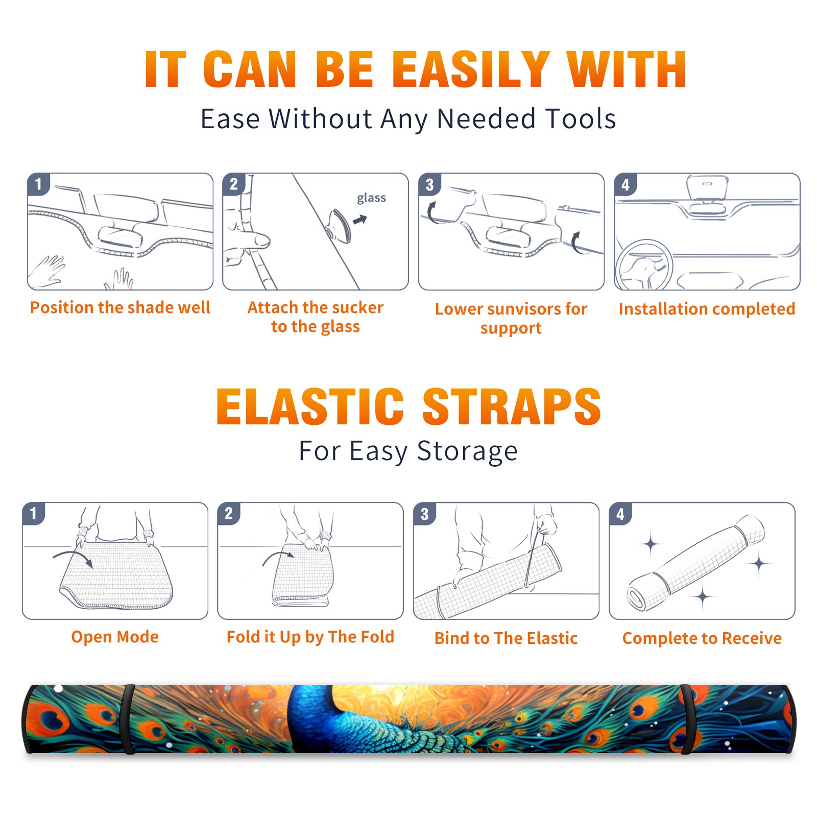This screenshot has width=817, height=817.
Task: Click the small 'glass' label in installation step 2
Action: (371, 198)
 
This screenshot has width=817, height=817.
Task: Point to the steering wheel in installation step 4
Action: (644, 265)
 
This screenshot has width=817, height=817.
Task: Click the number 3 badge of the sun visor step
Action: (429, 185)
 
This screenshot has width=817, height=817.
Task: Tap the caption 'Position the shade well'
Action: (120, 307)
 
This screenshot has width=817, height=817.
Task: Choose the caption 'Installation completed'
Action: (707, 309)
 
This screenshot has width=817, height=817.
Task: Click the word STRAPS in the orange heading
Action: (512, 406)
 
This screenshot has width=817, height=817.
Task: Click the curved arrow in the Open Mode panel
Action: (73, 557)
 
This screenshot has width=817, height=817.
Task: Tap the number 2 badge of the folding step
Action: (229, 514)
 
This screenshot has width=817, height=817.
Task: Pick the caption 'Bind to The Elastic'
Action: (506, 638)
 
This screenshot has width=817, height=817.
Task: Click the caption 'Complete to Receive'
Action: (702, 638)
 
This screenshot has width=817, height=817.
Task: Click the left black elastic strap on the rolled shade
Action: (128, 719)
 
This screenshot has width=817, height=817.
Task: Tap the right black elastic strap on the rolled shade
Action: (687, 719)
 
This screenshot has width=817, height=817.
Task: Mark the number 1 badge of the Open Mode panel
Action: (34, 514)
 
